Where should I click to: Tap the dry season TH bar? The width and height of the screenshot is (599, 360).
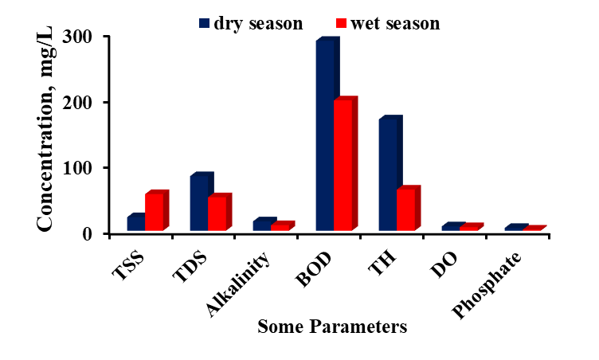click(x=387, y=176)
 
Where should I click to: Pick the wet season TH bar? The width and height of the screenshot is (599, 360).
click(x=405, y=210)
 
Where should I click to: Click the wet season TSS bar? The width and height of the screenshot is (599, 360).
click(x=154, y=213)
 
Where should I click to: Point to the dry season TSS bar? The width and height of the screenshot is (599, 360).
click(x=135, y=224)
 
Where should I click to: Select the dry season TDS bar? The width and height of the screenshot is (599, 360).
click(x=198, y=203)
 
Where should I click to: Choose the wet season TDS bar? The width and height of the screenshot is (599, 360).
click(x=217, y=214)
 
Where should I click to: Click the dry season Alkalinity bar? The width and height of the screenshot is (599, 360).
click(x=261, y=225)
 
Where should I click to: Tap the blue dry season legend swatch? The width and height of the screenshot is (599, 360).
click(x=204, y=23)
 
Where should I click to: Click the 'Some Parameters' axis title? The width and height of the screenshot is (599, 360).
click(x=332, y=327)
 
